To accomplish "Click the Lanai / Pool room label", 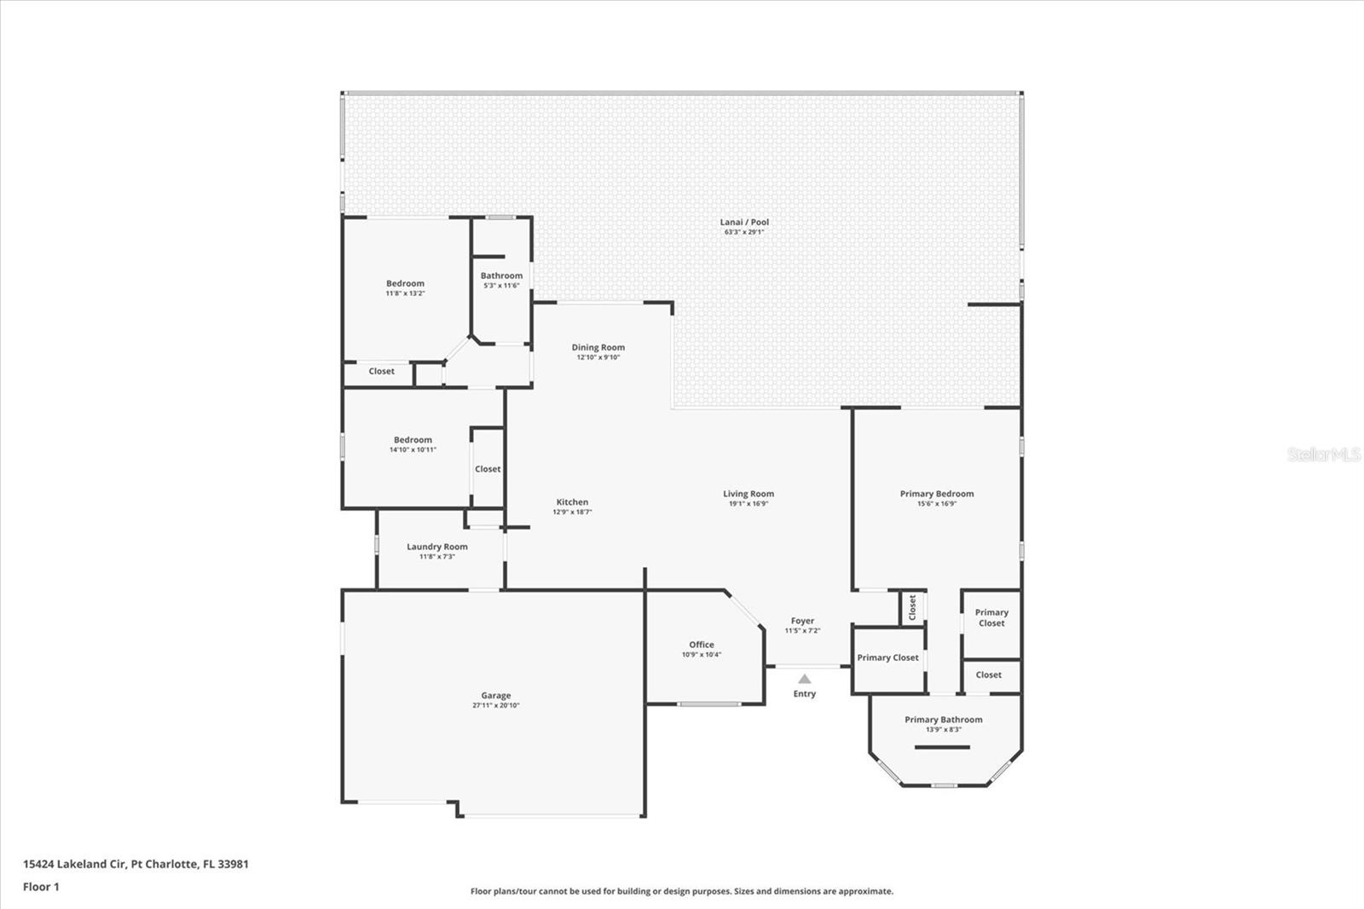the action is [744, 223].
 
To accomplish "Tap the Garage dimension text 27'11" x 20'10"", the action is [495, 705].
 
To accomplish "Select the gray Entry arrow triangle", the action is [805, 679].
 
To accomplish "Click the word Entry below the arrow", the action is [805, 694].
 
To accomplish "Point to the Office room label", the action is [702, 645].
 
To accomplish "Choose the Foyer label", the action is [802, 621].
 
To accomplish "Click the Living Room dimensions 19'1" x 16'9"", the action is [748, 504].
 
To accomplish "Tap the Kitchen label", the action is [572, 502].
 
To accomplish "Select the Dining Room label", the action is [598, 347].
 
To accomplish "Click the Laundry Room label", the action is [437, 547].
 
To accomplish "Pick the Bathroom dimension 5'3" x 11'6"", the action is [502, 286].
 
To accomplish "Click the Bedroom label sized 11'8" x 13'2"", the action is [406, 283].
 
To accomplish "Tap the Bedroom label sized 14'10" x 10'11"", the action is [413, 440].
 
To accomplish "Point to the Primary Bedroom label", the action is [937, 494].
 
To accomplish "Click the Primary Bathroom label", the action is [944, 720].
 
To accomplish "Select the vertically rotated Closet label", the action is [912, 607].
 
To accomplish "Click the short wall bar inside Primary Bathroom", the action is [942, 748].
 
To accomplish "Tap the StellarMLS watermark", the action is [1324, 454].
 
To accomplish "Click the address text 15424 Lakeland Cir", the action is [75, 864].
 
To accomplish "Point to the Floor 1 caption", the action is [42, 887].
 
